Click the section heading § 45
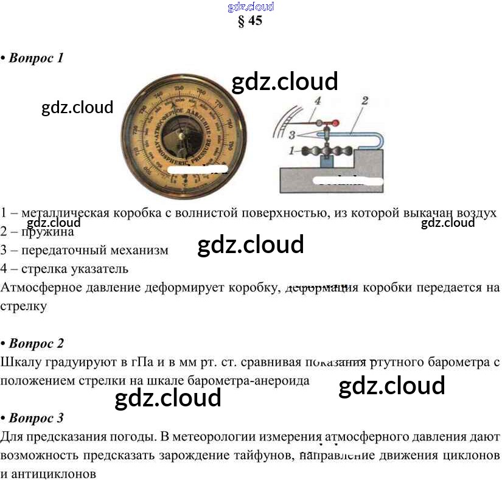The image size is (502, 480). [x=250, y=21]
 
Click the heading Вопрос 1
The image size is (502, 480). [x=36, y=58]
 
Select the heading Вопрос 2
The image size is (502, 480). [x=36, y=344]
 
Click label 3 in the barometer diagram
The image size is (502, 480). [x=293, y=134]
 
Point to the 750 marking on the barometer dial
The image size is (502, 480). [x=178, y=89]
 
